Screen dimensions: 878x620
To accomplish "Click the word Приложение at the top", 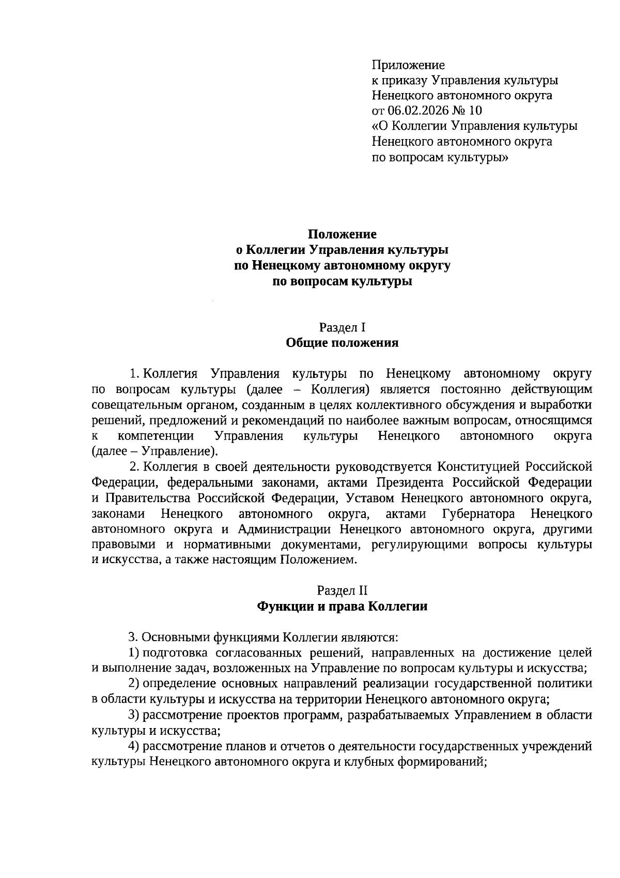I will point(408,65).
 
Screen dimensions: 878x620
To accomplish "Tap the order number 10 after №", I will point(475,111).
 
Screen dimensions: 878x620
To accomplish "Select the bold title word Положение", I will point(343,235).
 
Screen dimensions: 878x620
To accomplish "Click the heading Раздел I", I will point(343,327).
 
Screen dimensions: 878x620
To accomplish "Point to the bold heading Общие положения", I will point(342,343).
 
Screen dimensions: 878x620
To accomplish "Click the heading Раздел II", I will point(342,591).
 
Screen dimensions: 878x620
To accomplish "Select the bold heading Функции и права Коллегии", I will point(342,606).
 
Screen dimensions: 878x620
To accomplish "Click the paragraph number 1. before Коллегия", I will point(135,374).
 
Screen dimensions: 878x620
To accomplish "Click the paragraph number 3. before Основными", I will point(133,637).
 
